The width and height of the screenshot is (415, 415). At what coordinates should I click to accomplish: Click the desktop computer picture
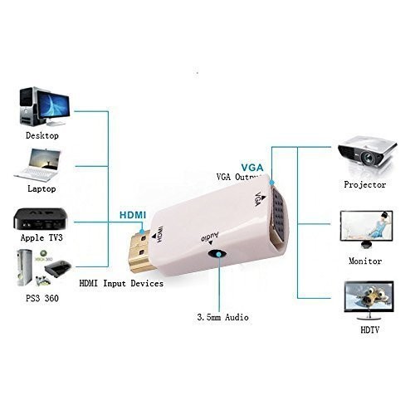(44, 106)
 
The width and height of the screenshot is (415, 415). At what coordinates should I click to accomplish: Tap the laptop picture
(37, 165)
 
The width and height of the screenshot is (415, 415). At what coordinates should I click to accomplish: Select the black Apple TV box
(41, 219)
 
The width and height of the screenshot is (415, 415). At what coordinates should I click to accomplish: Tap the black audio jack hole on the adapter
(218, 254)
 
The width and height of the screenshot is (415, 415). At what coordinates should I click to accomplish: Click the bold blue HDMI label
(133, 215)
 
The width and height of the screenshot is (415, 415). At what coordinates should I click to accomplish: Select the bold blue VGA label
(252, 168)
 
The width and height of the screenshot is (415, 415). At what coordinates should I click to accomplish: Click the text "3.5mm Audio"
(222, 317)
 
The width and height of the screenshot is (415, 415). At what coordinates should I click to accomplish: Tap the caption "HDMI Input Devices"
(121, 283)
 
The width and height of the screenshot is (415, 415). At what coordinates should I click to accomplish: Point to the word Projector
(365, 185)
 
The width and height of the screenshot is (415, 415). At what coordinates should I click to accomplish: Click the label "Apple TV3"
(41, 238)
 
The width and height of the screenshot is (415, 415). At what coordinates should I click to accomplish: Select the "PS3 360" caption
(42, 298)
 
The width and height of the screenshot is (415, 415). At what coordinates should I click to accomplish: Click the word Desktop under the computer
(42, 135)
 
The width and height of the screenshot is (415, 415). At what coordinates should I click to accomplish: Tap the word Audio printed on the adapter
(210, 237)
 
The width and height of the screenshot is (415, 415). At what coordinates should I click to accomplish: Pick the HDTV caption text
(369, 330)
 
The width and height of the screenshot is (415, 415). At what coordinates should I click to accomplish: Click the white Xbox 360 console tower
(24, 267)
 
